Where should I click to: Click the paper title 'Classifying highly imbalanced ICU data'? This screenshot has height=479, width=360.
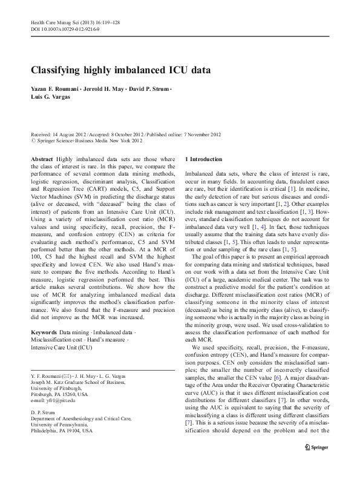pyautogui.click(x=120, y=70)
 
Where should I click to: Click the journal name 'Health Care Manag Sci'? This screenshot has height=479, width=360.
pyautogui.click(x=53, y=22)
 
